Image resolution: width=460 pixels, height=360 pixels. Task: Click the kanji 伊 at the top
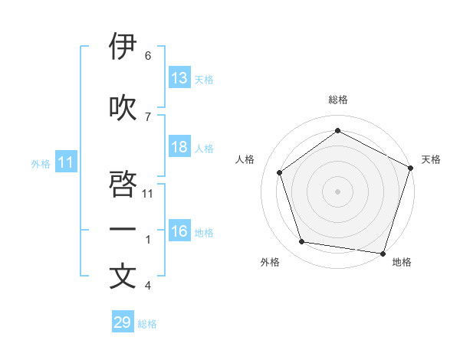123,47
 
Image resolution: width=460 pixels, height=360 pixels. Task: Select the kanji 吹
123,107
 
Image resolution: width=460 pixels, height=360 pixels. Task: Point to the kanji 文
123,277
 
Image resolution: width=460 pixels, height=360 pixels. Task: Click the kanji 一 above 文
123,230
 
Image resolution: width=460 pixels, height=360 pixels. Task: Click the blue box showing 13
179,78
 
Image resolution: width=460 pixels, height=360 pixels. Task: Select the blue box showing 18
179,147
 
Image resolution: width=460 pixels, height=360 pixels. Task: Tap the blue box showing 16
179,232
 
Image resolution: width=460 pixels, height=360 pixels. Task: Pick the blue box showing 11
65,162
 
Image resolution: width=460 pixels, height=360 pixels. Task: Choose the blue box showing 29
122,322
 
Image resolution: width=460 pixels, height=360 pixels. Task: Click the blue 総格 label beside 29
147,324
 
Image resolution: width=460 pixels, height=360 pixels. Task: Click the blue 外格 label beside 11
41,164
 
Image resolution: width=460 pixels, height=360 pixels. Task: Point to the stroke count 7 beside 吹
148,116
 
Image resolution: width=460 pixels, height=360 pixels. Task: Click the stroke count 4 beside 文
148,286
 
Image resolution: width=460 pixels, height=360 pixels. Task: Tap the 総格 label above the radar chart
338,100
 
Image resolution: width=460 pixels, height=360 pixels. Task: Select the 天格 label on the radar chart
431,159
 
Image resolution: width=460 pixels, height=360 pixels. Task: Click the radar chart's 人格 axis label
245,159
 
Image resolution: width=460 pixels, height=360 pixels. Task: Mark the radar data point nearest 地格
383,253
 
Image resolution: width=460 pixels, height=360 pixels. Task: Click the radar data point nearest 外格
302,242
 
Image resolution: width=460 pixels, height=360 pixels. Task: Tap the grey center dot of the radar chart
338,191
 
